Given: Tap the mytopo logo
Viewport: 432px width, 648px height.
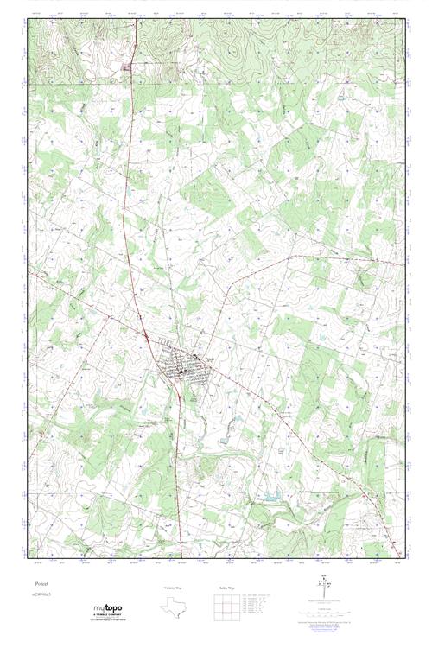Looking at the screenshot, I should point(108,609).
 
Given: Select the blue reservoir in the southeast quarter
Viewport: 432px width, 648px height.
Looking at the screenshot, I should point(270,498).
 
